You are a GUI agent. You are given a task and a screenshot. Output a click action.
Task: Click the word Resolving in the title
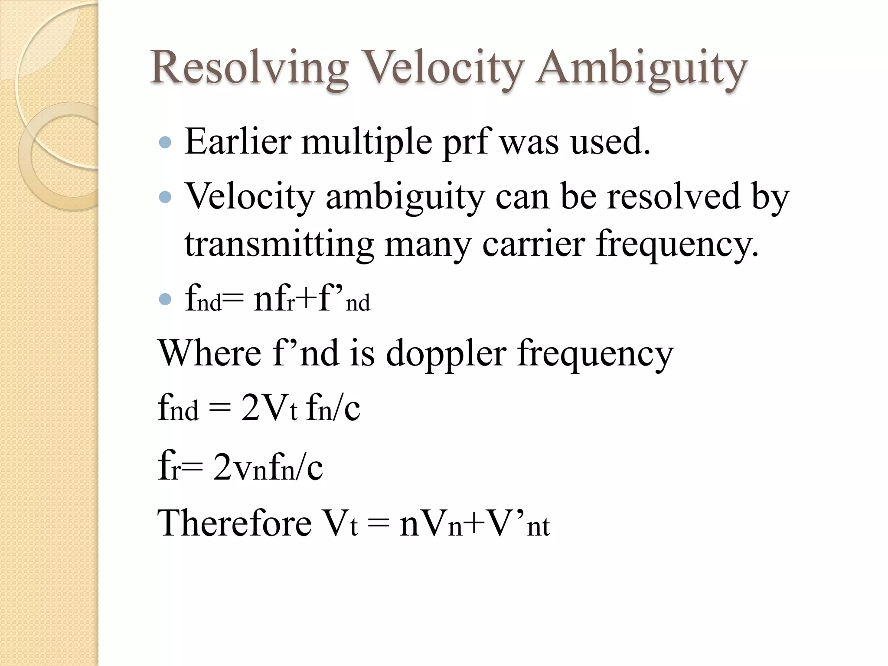(249, 68)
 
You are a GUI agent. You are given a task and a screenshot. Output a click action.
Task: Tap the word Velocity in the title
(442, 68)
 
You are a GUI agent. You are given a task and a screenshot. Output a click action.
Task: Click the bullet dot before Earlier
(165, 143)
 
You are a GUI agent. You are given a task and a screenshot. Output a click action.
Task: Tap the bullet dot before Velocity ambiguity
(165, 198)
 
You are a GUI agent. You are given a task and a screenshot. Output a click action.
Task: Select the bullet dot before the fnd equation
(165, 299)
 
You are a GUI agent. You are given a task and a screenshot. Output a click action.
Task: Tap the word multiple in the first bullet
(367, 142)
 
